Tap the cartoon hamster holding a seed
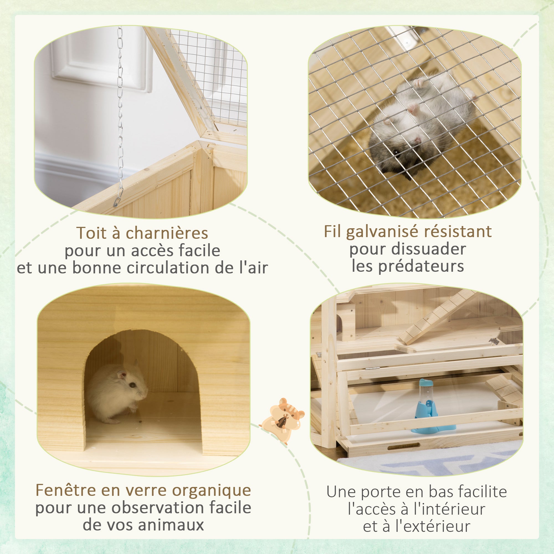pyautogui.click(x=282, y=419)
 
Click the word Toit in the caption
pyautogui.click(x=91, y=233)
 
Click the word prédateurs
pyautogui.click(x=421, y=266)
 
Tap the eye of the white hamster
pyautogui.click(x=132, y=385)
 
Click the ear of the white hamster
pyautogui.click(x=122, y=374)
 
